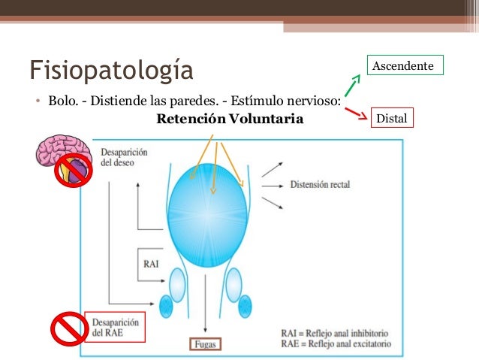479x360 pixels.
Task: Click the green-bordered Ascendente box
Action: [x=404, y=66]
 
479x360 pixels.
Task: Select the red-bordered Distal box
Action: [x=391, y=118]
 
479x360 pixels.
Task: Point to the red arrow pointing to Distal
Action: [x=356, y=113]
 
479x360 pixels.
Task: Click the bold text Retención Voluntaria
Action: [x=230, y=119]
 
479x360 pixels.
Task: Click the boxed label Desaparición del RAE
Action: [x=112, y=326]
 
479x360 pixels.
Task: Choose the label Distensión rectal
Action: [x=319, y=184]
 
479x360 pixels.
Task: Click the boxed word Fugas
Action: [x=205, y=346]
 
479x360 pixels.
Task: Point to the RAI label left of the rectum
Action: [x=152, y=264]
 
